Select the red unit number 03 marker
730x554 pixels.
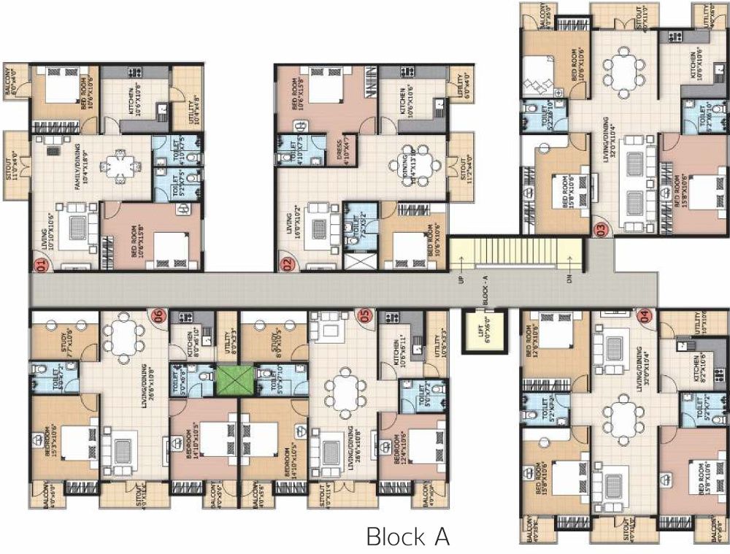(601, 229)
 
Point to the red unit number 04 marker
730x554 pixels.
(644, 315)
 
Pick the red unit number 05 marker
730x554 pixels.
(366, 315)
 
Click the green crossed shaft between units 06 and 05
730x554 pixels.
(234, 380)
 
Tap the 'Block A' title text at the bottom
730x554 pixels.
(407, 537)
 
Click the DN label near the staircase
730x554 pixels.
(570, 278)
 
